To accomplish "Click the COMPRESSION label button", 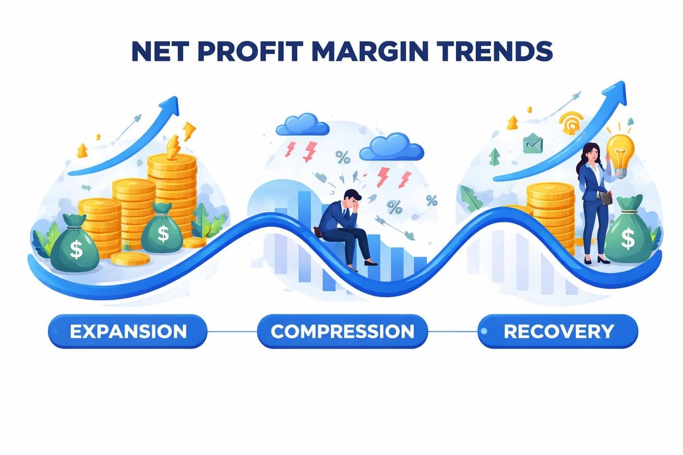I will coord(342,331).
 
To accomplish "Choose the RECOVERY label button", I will coord(558,331).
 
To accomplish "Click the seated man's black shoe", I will coord(371,263).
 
